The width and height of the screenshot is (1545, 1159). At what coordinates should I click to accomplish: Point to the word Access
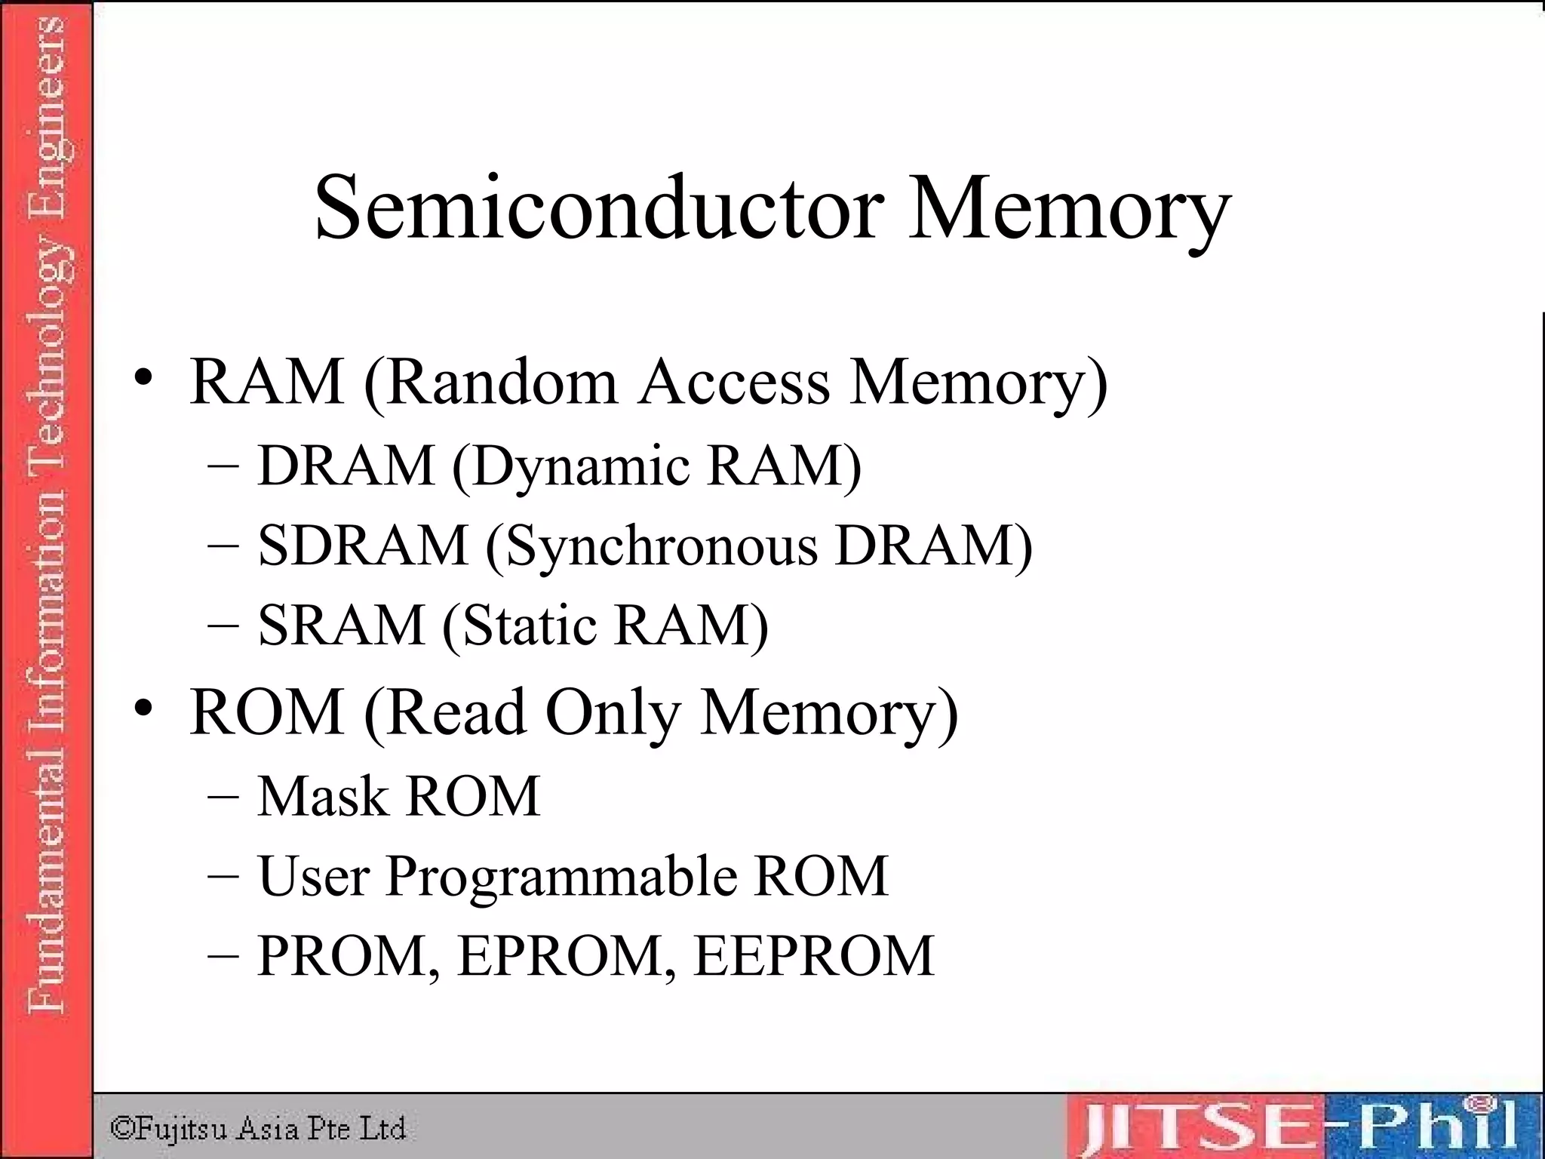click(734, 382)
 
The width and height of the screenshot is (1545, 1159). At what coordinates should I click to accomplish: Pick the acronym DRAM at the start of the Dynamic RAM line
click(346, 466)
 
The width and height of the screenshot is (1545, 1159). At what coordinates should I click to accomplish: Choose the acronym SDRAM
click(363, 546)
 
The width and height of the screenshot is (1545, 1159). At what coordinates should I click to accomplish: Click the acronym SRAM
click(342, 626)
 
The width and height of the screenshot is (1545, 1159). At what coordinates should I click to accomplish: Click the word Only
click(613, 714)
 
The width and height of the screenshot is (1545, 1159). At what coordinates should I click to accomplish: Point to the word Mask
click(321, 796)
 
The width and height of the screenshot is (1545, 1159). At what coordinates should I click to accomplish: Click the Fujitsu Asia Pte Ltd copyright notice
click(258, 1129)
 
